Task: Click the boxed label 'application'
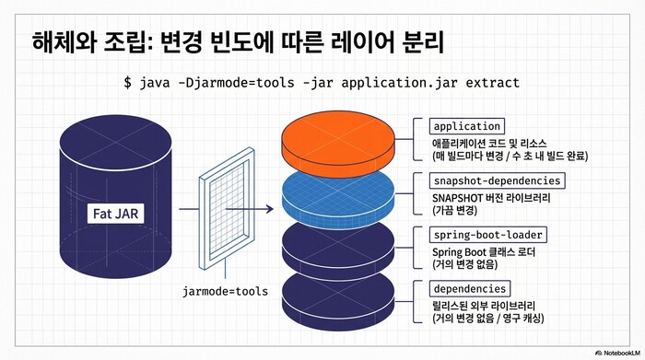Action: point(466,126)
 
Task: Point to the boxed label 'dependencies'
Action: point(469,289)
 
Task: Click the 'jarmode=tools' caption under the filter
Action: point(225,292)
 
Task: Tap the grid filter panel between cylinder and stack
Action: point(224,209)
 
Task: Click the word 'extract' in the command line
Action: point(490,83)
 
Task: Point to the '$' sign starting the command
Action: point(128,83)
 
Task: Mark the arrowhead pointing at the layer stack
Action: point(271,209)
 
